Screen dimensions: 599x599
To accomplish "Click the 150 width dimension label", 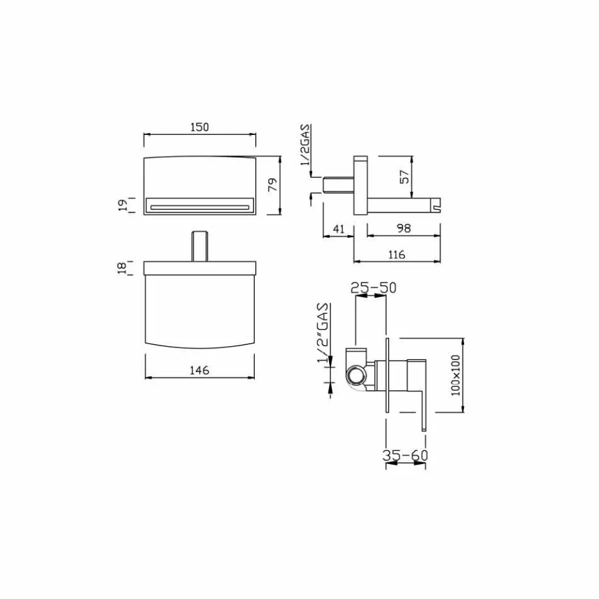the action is coord(200,127).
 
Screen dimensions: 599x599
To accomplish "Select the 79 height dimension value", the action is coord(273,185).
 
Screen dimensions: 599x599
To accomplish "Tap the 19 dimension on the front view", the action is coord(123,205).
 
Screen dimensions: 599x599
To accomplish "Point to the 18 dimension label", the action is coord(122,268).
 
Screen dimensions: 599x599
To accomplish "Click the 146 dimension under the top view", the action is coord(200,370).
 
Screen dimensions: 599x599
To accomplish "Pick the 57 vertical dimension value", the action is coord(405,177).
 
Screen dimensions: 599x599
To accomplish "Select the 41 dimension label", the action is coord(339,229).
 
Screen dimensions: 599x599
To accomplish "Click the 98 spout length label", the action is coord(404,229).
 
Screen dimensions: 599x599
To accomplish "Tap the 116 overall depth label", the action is coord(396,254).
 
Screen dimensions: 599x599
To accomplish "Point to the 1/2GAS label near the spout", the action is coord(306,145).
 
